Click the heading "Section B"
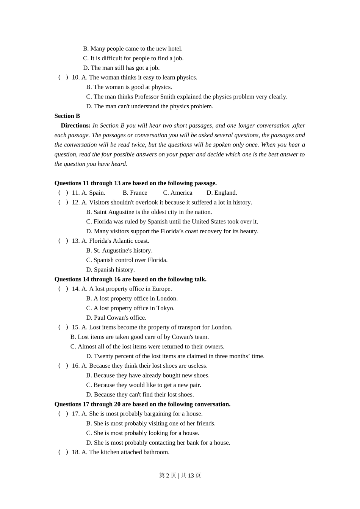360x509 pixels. coord(67,116)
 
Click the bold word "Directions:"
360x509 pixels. coord(76,125)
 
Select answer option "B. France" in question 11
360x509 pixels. coord(135,193)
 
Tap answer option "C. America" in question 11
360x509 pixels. coord(178,193)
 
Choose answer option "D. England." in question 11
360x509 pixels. coord(222,193)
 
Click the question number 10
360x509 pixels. coord(75,78)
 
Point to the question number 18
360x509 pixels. coord(75,452)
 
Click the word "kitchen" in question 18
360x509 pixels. coord(110,452)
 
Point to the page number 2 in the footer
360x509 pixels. coord(167,475)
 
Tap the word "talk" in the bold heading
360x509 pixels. coord(199,279)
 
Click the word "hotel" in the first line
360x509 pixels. coord(175,49)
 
